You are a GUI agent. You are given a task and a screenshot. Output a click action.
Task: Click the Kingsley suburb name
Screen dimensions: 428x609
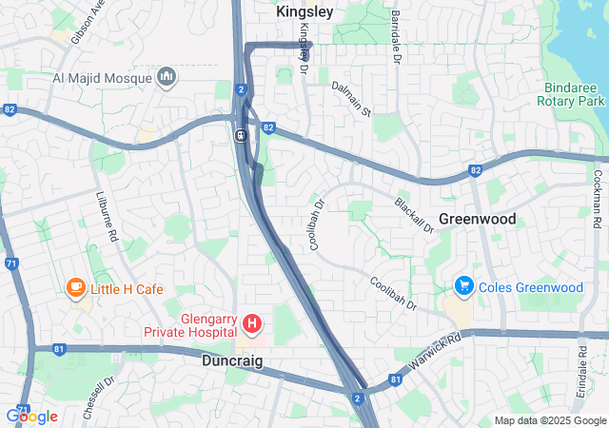[304, 12]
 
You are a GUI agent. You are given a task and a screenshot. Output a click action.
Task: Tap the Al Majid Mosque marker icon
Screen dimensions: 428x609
[167, 75]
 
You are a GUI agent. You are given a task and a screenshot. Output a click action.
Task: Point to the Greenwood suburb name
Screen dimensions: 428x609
[477, 219]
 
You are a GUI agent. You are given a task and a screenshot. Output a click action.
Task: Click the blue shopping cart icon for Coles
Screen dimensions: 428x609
[464, 285]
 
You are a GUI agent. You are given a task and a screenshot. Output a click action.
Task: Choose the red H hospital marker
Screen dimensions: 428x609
[252, 325]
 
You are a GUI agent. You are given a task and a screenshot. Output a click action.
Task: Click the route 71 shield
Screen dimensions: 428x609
[11, 263]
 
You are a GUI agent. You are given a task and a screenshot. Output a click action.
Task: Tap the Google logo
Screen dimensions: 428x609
[31, 416]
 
